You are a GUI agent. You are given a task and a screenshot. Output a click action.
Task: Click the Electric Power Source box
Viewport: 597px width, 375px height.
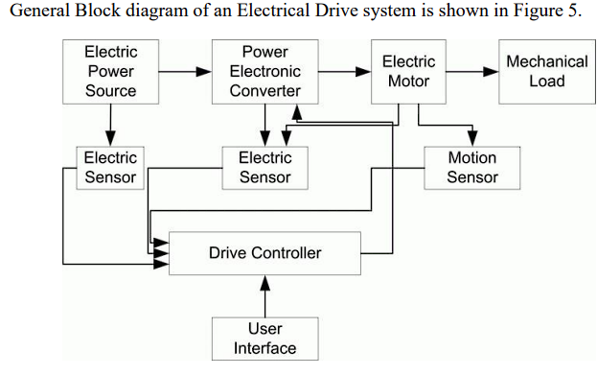click(x=110, y=72)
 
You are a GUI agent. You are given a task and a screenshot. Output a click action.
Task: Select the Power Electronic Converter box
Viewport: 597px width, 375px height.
click(x=265, y=72)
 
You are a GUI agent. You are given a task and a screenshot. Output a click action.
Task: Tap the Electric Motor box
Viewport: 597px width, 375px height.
click(x=408, y=72)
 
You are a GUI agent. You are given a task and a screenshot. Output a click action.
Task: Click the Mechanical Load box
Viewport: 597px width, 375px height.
click(x=546, y=72)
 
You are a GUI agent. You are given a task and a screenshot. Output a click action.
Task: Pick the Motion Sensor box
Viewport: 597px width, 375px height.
click(x=472, y=168)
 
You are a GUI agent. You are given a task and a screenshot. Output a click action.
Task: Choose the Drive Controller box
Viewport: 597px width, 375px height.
click(x=264, y=253)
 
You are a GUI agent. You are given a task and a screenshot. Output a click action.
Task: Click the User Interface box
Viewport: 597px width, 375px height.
click(x=264, y=339)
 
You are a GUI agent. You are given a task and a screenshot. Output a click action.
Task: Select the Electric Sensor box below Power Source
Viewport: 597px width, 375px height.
click(x=110, y=168)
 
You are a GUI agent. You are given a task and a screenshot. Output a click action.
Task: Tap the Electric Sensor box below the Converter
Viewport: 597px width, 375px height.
click(x=265, y=168)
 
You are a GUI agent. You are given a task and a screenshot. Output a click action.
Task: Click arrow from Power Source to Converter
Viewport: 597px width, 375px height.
click(x=187, y=72)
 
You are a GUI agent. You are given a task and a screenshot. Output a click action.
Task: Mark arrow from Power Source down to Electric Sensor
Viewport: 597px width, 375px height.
click(x=110, y=125)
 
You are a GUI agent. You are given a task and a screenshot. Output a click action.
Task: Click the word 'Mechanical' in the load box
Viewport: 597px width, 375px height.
click(x=546, y=61)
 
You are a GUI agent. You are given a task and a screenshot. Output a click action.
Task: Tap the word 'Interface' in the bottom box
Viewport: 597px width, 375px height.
click(x=264, y=348)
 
